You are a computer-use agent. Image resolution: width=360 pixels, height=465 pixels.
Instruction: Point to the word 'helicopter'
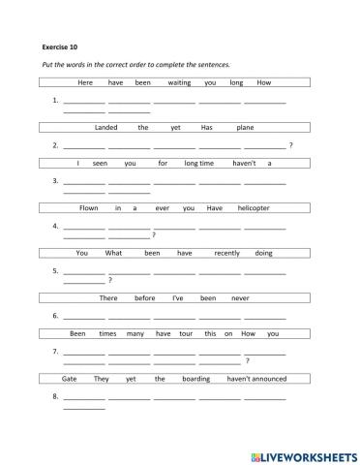[254, 208]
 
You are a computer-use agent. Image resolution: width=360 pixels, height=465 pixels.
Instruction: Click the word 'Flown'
[88, 208]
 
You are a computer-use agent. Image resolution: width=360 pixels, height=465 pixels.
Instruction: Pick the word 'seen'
[98, 163]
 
